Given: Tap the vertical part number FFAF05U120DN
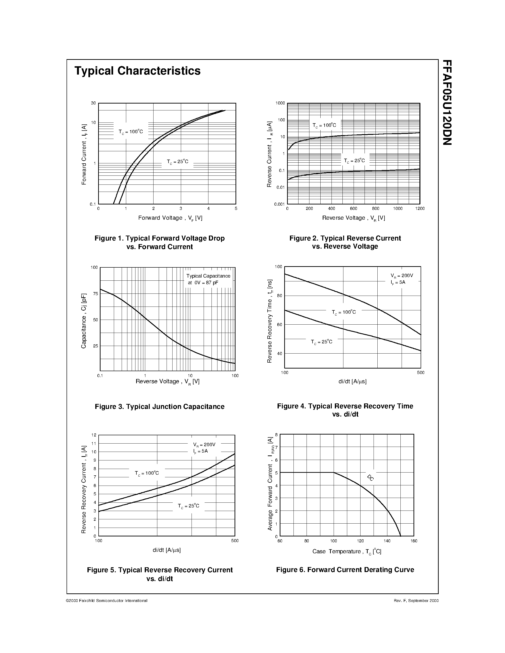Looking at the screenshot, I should click(x=447, y=103).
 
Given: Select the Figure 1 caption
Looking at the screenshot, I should click(x=159, y=242).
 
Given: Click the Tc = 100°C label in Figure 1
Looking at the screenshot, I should click(x=131, y=132).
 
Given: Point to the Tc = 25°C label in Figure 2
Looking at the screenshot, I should click(x=355, y=161).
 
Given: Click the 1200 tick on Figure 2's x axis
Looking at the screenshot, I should click(x=420, y=209).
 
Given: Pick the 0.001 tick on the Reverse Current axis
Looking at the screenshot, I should click(x=280, y=204).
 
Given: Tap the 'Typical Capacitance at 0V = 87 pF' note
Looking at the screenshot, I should click(x=208, y=279).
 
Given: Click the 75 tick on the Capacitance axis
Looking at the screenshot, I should click(x=96, y=293).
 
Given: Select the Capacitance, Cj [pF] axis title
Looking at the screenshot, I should click(x=84, y=321).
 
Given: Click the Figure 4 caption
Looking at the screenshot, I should click(x=345, y=410).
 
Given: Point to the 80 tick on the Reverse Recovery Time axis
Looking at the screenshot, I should click(x=279, y=296).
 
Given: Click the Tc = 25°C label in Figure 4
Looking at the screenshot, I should click(x=322, y=342).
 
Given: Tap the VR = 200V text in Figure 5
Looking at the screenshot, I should click(x=204, y=445).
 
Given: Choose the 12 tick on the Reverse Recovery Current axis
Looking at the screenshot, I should click(x=94, y=435).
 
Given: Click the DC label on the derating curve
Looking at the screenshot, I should click(x=370, y=478).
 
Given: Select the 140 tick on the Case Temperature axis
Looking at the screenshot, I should click(x=387, y=541).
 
